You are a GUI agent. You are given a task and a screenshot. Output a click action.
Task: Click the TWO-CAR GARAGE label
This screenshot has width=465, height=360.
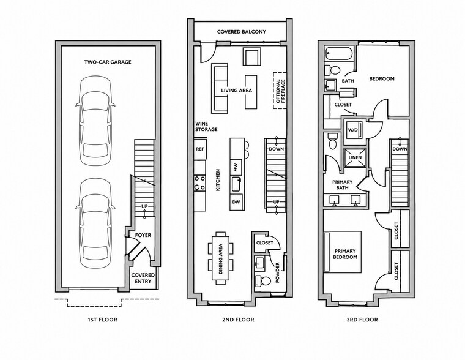[x=108, y=62]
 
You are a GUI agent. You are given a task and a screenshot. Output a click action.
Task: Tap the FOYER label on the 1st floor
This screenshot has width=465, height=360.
[x=143, y=235]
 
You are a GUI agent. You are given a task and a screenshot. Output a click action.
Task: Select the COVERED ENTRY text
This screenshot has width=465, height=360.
[x=143, y=278]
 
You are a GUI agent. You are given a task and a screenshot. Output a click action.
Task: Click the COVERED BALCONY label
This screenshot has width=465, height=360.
[x=242, y=32]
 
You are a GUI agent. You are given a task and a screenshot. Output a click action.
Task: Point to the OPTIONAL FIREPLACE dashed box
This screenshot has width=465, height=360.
[x=280, y=91]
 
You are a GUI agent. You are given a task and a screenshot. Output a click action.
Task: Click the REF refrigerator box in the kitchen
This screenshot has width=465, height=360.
[x=200, y=149]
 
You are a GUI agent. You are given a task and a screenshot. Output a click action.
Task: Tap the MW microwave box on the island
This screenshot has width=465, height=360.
[x=236, y=168]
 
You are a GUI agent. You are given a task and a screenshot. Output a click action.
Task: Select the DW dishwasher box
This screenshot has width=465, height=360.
[x=236, y=202]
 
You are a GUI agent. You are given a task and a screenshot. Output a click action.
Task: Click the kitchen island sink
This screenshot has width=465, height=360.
[x=236, y=184]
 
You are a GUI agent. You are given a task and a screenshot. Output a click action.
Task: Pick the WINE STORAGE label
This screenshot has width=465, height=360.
[x=206, y=127]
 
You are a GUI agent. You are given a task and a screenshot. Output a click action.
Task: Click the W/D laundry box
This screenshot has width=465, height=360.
[x=352, y=130]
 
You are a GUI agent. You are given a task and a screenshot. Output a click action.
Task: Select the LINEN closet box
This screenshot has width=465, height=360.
[x=355, y=157]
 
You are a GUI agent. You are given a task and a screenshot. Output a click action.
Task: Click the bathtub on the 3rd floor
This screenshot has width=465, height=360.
[x=338, y=53]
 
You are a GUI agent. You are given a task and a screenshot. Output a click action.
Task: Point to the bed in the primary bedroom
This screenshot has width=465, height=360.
[x=343, y=252]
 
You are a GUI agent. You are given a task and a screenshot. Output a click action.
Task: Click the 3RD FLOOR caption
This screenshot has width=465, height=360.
[x=362, y=320]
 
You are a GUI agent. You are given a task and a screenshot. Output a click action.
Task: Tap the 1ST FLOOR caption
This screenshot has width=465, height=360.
[x=103, y=320]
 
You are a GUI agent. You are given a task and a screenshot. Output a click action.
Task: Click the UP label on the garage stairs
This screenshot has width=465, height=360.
[x=144, y=206]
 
